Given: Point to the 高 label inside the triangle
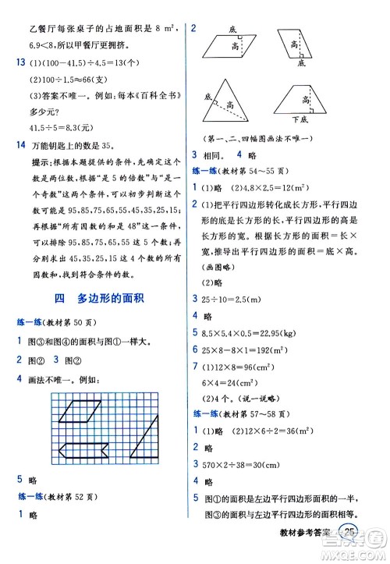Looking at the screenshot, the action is click(232, 103).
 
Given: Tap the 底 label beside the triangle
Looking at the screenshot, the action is click(208, 96).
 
